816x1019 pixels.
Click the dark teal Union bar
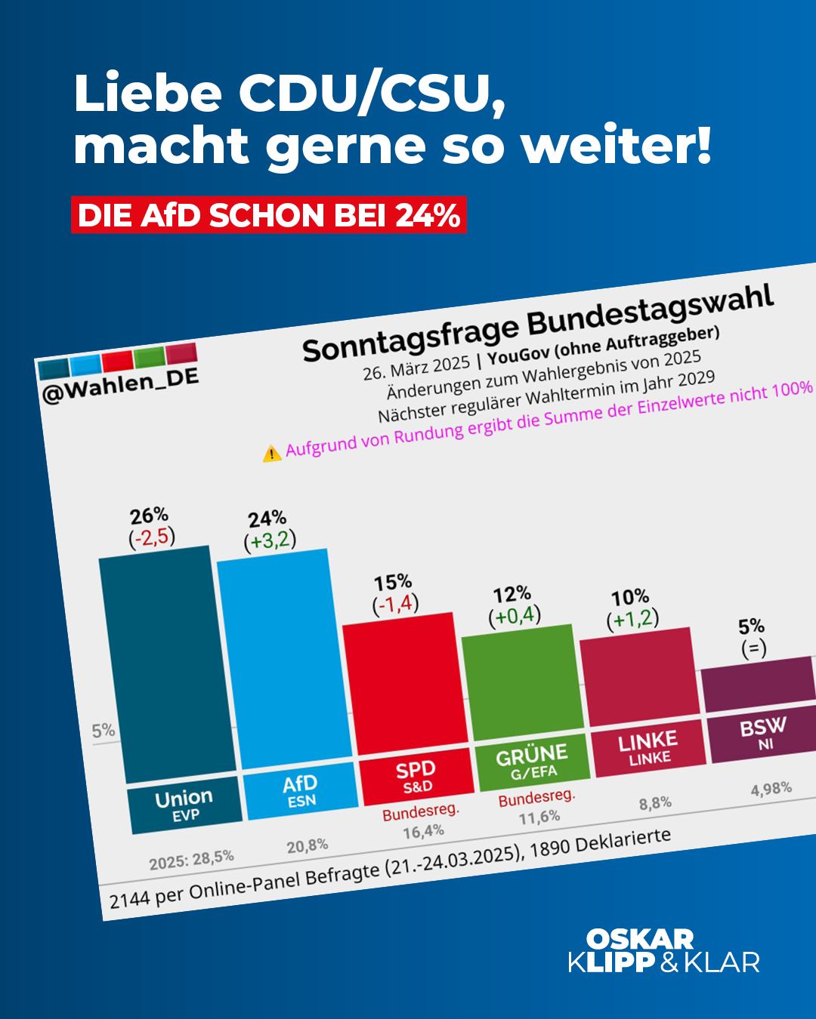coord(166,664)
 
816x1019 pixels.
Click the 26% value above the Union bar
coord(149,516)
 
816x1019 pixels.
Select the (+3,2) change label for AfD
coord(270,540)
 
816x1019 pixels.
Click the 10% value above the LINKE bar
coord(630,598)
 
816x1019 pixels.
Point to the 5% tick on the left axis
coord(103,731)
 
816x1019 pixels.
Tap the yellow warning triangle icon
coord(271,453)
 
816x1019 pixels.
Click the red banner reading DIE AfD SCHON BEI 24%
coord(268,215)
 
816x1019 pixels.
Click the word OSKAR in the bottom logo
coord(640,939)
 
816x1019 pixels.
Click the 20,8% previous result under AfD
coord(307,846)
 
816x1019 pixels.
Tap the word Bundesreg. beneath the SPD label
coord(421,813)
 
